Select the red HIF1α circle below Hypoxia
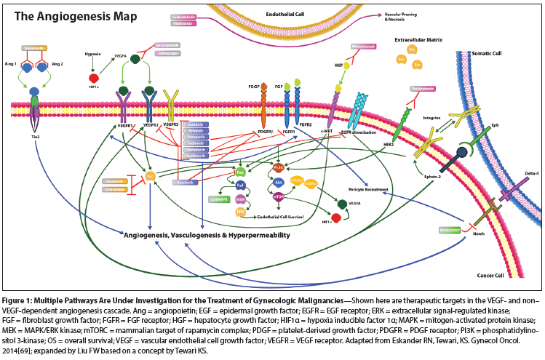[x=94, y=78]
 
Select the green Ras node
[x=241, y=172]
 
